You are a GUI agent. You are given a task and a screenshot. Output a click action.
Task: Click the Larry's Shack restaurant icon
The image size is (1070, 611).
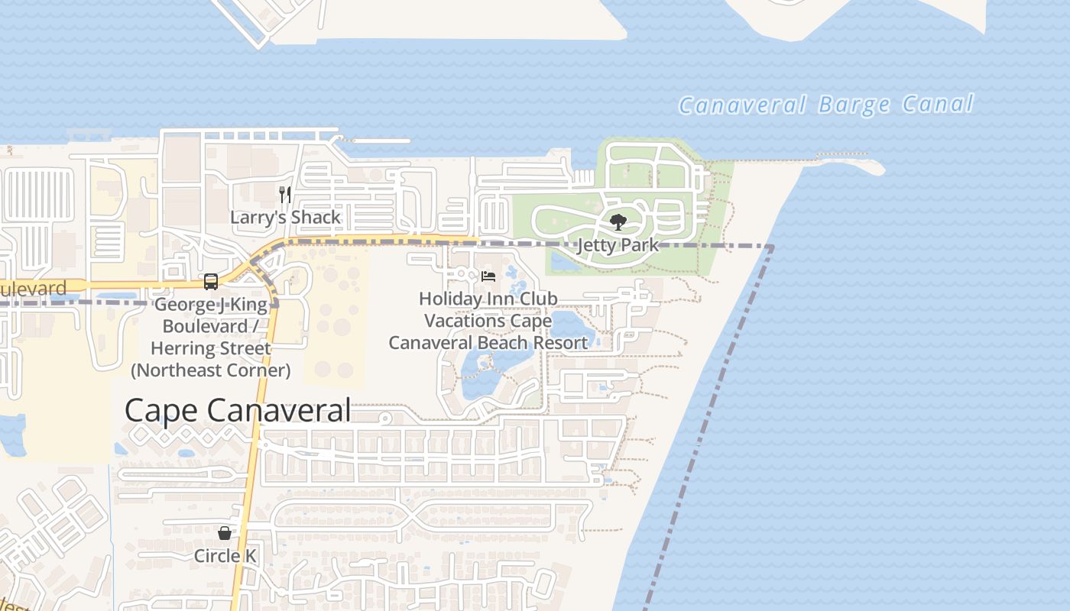286,195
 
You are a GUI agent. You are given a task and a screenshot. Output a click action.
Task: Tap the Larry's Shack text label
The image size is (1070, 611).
285,218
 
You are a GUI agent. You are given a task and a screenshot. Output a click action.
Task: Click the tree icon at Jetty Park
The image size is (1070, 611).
618,222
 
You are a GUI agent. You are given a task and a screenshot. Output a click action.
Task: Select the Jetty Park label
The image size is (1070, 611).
618,245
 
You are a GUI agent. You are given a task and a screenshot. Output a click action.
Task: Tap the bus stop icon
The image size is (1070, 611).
211,282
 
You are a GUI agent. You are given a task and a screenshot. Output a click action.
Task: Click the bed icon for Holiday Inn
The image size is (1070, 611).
488,276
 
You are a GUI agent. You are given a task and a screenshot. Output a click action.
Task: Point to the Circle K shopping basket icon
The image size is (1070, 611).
225,532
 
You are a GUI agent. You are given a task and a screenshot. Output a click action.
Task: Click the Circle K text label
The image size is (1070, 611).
225,556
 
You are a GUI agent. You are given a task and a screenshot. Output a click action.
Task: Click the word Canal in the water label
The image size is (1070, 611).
938,103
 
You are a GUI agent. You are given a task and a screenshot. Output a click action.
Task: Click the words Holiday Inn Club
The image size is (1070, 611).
488,299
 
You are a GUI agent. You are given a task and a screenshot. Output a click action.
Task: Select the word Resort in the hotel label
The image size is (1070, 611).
559,342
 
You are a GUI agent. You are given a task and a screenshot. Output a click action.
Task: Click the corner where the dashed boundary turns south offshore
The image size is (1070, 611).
771,247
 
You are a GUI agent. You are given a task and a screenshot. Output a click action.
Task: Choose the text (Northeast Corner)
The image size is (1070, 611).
210,371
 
